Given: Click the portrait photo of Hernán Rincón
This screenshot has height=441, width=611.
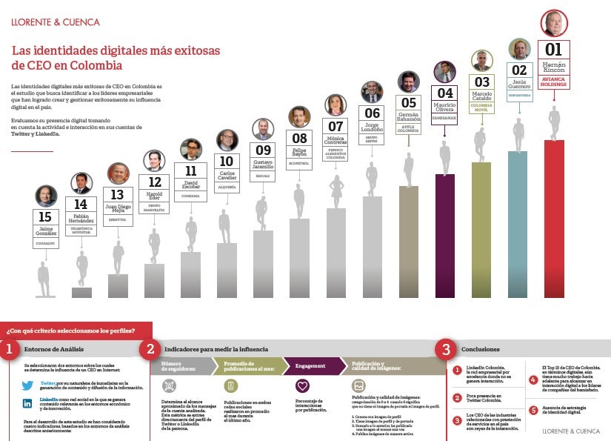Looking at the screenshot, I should [x=554, y=23].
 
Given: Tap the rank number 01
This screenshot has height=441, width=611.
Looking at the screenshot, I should [x=554, y=50].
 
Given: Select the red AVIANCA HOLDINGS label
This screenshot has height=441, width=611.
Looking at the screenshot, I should [x=554, y=82].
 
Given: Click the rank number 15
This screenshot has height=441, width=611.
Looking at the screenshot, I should [x=46, y=217].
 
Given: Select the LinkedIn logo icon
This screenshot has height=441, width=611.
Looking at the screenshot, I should [x=27, y=403].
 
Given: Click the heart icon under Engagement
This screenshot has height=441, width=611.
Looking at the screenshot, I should [x=302, y=386].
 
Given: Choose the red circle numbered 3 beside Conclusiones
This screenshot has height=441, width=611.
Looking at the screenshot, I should [x=445, y=349].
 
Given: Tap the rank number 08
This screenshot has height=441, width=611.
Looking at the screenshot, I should [x=299, y=138].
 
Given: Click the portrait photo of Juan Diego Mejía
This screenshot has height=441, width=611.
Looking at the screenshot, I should [x=118, y=173].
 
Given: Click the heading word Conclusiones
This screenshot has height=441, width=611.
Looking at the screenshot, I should [x=480, y=349].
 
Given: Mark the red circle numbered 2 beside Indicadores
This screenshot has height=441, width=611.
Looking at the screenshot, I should [x=150, y=349].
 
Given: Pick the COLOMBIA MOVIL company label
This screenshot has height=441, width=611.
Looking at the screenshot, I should [x=481, y=106].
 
